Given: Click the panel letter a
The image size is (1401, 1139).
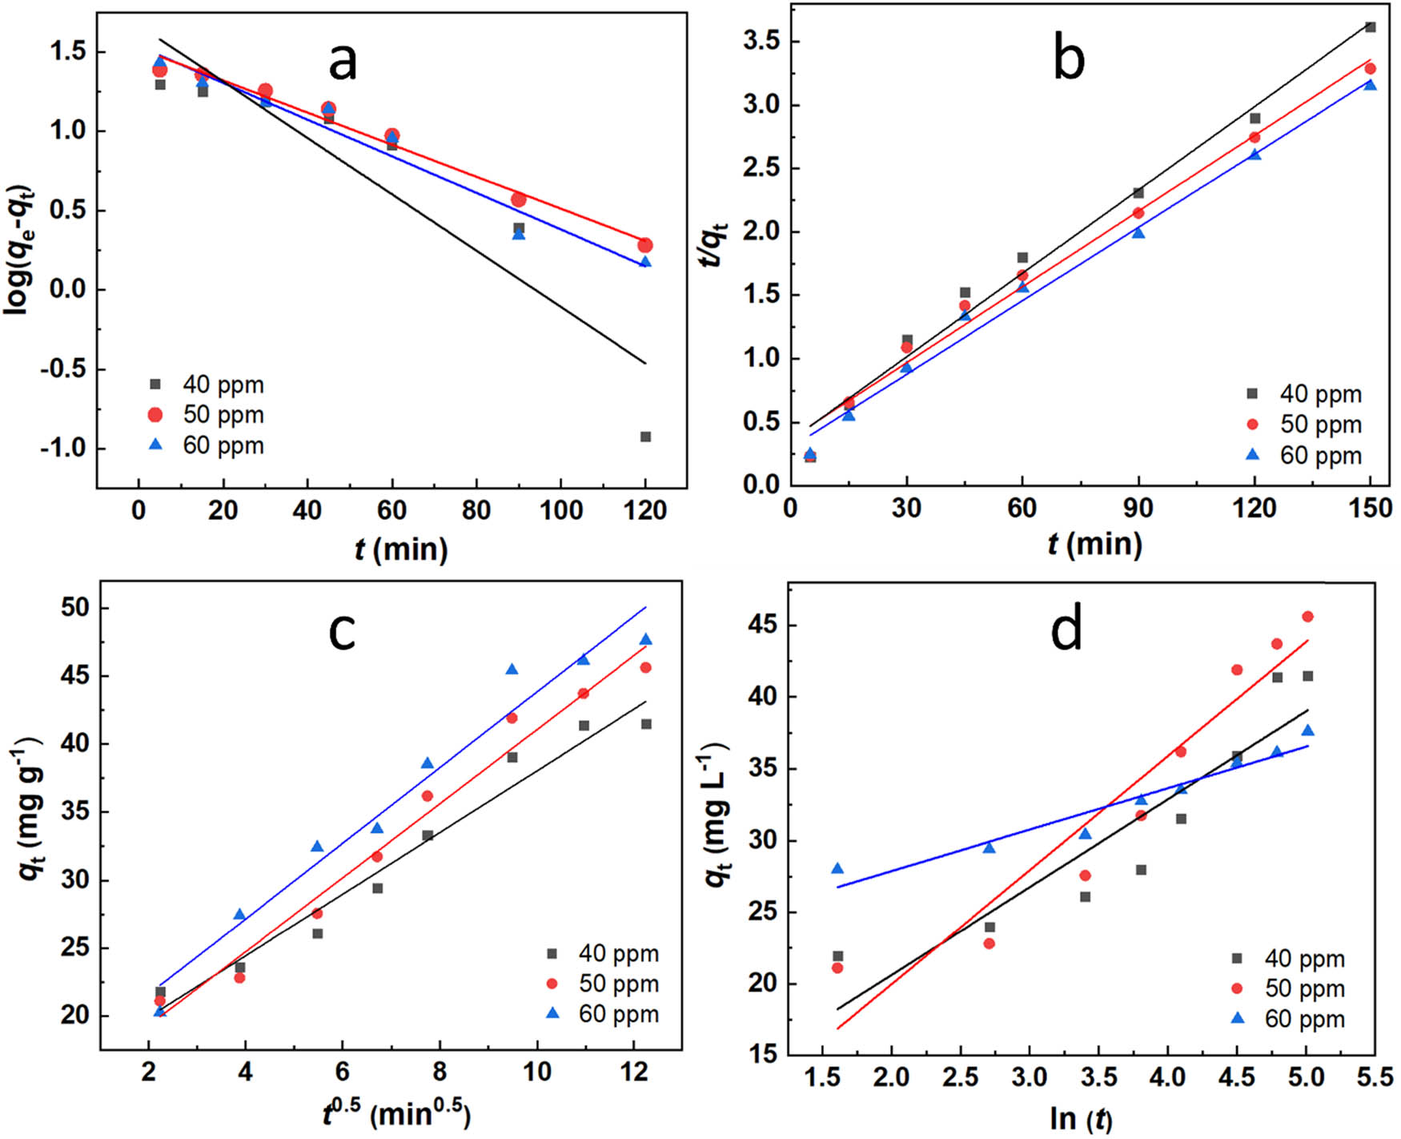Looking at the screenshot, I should point(343,62).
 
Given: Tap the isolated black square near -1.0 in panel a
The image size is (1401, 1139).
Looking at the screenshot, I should point(645,437).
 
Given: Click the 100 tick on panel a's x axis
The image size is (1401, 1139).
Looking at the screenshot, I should point(561,510).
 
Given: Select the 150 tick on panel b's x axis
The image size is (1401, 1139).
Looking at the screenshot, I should point(1370,508).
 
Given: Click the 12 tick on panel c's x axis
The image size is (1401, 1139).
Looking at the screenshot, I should point(634,1072).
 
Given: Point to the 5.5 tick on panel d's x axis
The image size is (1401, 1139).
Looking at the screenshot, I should point(1375,1078).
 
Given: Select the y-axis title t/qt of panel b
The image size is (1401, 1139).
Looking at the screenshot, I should point(714,244).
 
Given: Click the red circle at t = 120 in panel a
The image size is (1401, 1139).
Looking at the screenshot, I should point(645,245).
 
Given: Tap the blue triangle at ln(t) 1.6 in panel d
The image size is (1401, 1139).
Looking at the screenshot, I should point(837,869).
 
